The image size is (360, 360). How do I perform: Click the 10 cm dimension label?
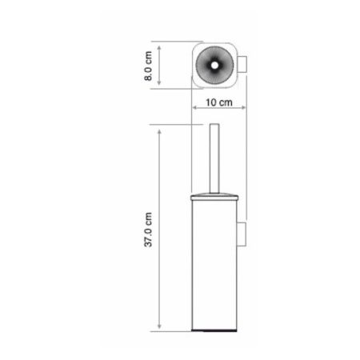pyautogui.click(x=218, y=102)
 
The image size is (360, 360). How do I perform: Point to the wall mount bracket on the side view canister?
pyautogui.click(x=243, y=234)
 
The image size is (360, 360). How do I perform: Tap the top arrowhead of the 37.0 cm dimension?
pyautogui.click(x=160, y=129)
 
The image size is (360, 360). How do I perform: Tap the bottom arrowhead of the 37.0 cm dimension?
pyautogui.click(x=160, y=327)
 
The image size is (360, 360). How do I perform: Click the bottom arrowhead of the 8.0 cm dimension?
pyautogui.click(x=161, y=84)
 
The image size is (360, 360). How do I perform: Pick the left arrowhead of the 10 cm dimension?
pyautogui.click(x=194, y=110)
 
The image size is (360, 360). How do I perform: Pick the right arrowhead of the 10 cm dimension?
pyautogui.click(x=245, y=110)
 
